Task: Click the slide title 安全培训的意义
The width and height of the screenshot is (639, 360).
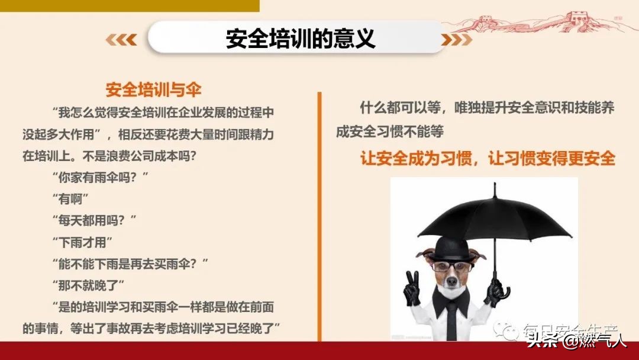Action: (x=301, y=39)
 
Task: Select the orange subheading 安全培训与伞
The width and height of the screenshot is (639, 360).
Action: (x=153, y=90)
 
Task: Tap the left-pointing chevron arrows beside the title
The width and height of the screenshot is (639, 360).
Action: (x=121, y=40)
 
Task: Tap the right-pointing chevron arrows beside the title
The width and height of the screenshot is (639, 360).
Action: (x=457, y=40)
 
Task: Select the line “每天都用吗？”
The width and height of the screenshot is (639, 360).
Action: (x=94, y=220)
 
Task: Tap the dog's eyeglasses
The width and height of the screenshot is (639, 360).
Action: (x=451, y=266)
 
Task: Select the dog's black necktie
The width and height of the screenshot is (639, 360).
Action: (x=451, y=314)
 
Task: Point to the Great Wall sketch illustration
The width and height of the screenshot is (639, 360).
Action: (x=556, y=22)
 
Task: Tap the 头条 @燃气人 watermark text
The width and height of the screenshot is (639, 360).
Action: (x=576, y=340)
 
